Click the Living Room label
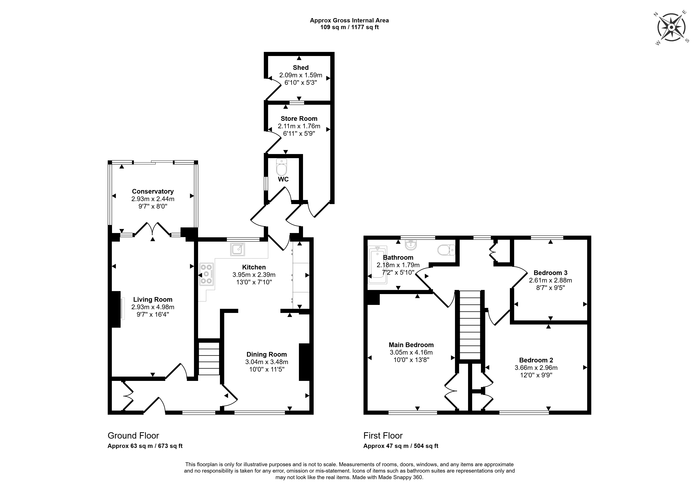(153, 300)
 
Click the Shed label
(301, 68)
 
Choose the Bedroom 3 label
(550, 273)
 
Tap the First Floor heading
(383, 436)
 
